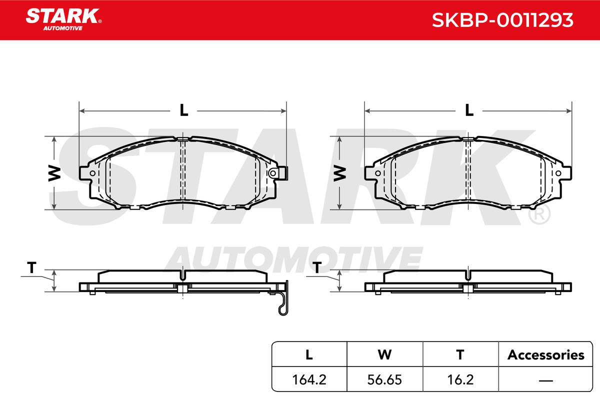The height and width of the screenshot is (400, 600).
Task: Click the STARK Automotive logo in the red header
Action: point(63,19)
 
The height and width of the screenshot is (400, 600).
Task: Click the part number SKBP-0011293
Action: point(502,20)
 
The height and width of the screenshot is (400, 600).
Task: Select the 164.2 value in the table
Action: point(309,379)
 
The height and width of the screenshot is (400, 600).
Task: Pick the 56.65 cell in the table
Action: point(384,379)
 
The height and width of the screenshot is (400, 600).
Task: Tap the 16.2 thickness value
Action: point(460,379)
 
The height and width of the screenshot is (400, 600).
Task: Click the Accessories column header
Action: point(545,354)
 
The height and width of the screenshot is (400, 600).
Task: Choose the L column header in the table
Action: point(309,354)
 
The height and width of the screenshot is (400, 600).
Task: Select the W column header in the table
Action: point(384,354)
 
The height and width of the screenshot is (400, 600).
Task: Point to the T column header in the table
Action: point(460,354)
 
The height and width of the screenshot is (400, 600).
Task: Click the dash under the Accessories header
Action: point(545,380)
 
